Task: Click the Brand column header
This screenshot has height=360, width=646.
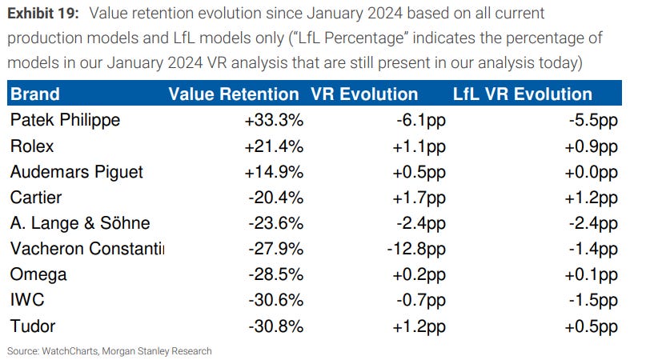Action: point(35,94)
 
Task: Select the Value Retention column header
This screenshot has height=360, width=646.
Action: point(233,94)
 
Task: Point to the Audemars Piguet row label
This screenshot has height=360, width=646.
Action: point(76,172)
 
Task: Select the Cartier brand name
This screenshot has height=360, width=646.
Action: point(36,198)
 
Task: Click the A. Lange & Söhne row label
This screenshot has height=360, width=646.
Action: point(80,223)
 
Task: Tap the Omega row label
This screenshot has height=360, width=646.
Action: point(38,274)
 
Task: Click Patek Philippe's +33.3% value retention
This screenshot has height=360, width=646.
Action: point(276,121)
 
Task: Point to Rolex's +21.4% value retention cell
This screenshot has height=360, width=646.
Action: point(276,146)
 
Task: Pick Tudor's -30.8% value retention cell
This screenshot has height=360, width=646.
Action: point(278,326)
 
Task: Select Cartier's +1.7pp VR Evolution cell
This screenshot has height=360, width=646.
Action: point(416,198)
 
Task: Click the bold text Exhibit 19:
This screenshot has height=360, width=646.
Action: point(42,14)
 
